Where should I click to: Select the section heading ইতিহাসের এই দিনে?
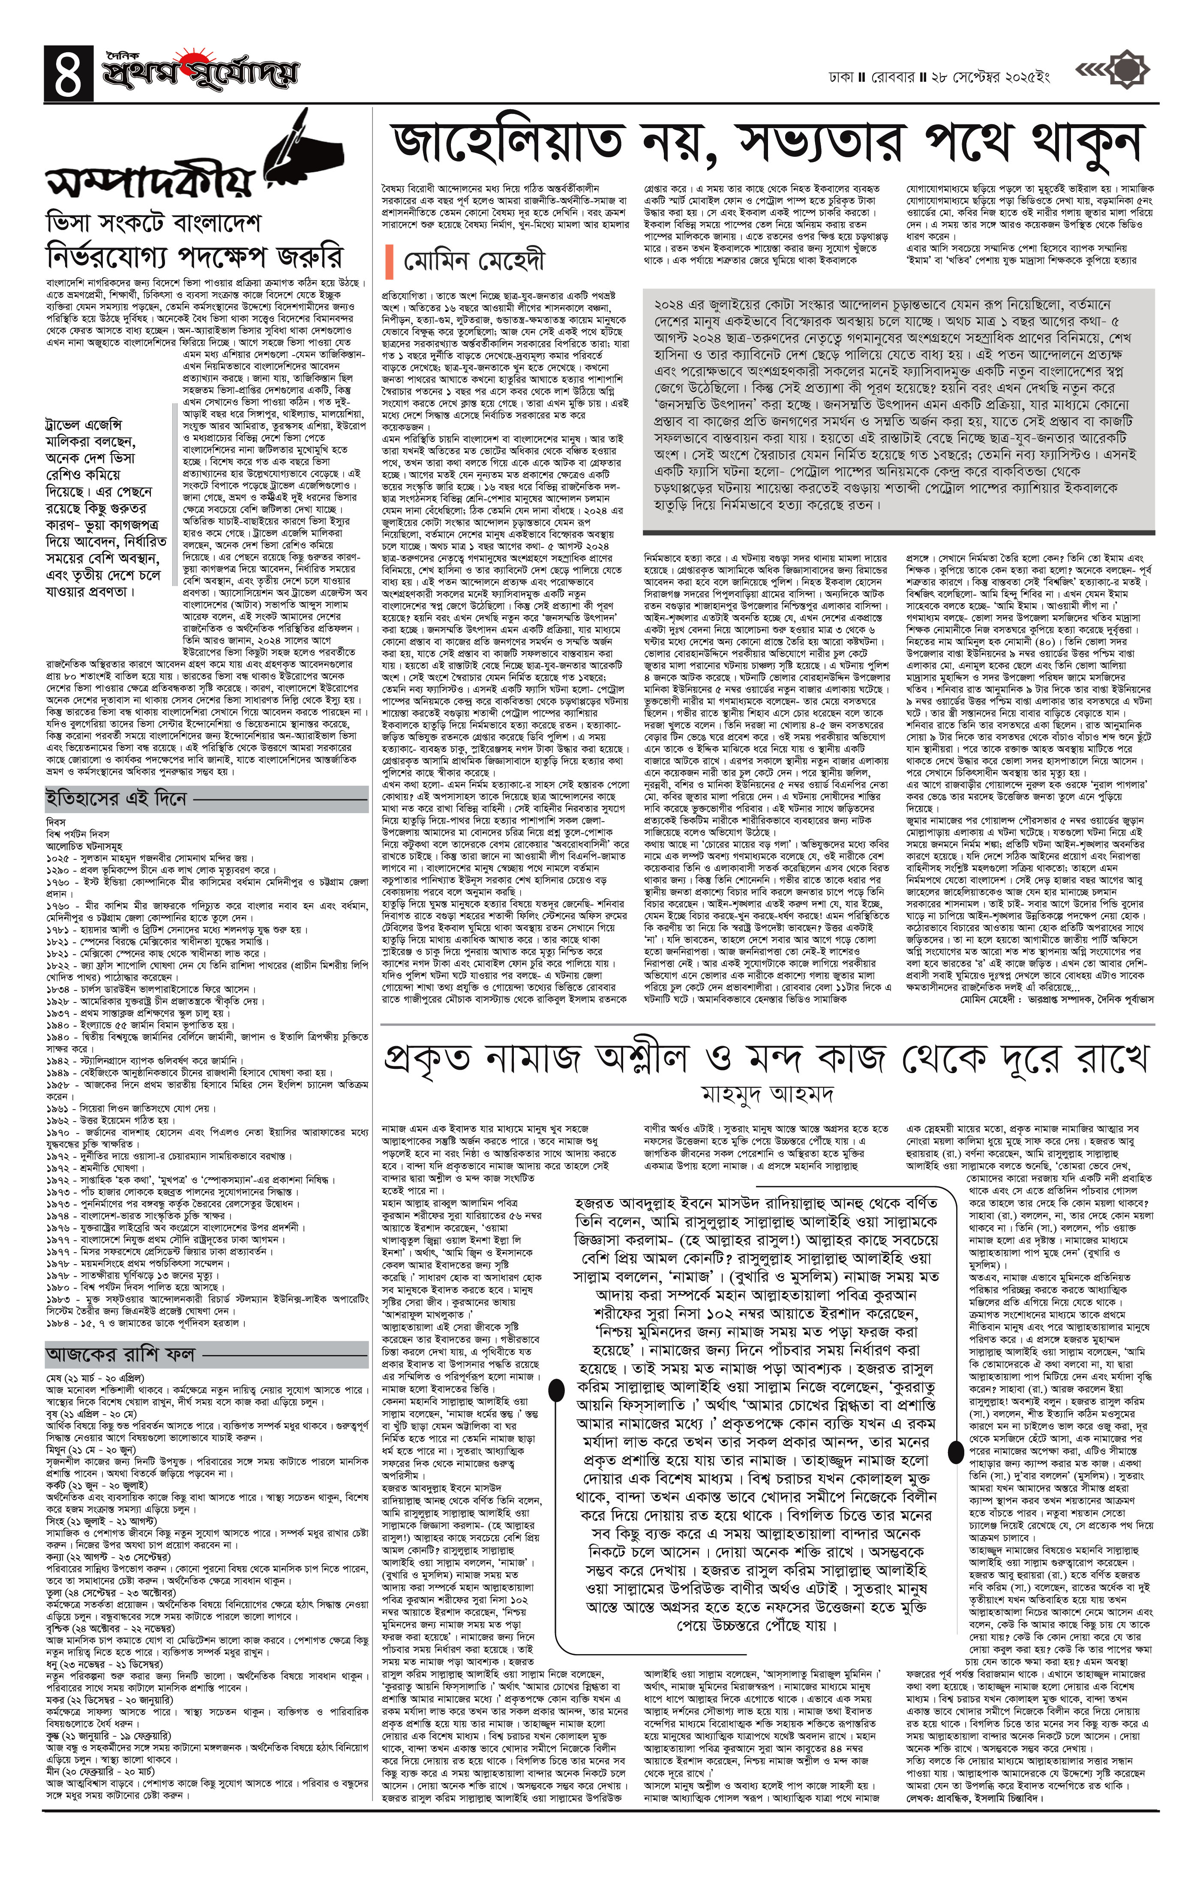click(x=115, y=799)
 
